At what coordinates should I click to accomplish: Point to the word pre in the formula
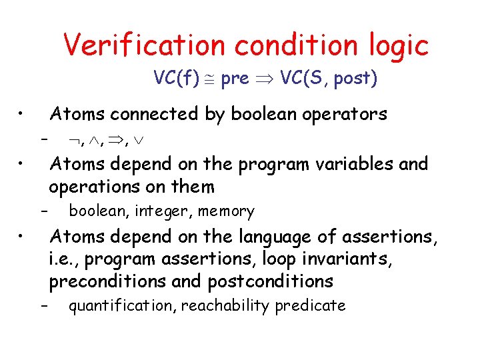click(234, 79)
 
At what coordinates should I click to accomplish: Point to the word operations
click(97, 187)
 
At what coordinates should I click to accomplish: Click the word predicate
click(312, 306)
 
